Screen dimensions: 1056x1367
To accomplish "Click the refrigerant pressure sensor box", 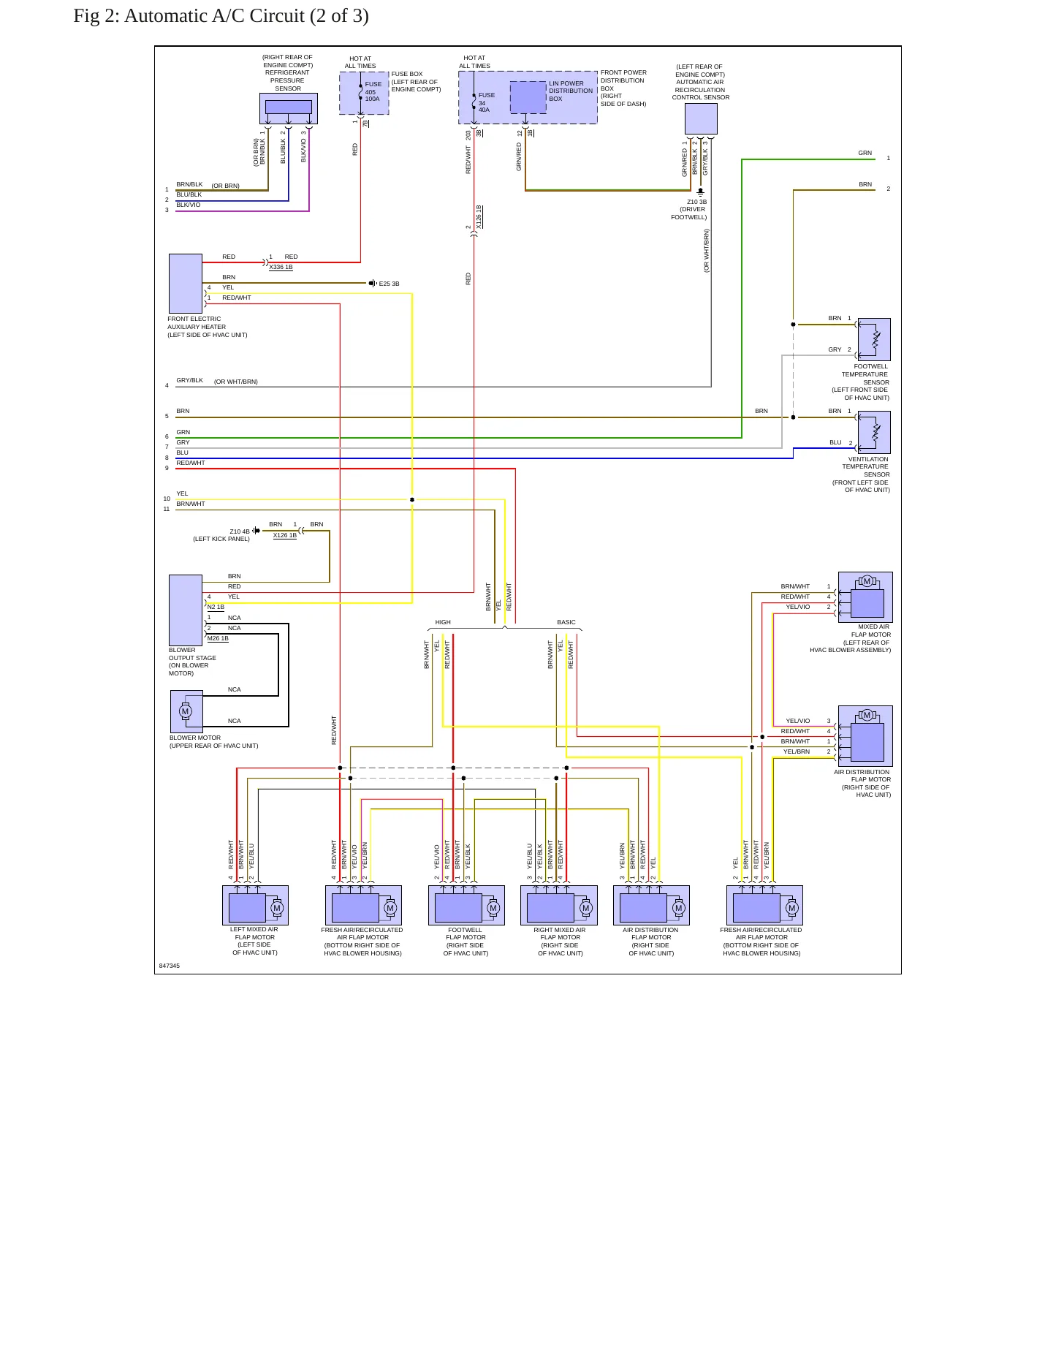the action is tap(289, 109).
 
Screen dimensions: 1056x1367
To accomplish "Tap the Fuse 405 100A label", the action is tap(373, 91).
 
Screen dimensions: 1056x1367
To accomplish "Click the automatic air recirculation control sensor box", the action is tap(701, 118).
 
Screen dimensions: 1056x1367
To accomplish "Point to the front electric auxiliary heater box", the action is tap(186, 284).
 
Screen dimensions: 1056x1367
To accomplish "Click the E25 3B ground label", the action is tap(389, 284).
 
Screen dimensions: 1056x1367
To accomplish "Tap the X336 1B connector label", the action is tap(281, 268).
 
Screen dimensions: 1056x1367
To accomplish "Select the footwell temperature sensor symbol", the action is tap(874, 339).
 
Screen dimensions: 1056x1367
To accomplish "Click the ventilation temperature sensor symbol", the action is tap(874, 432).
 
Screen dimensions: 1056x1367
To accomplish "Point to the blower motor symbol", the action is tap(186, 711).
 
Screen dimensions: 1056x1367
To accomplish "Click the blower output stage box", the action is tap(186, 610).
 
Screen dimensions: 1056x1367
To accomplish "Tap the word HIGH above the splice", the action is tap(443, 623).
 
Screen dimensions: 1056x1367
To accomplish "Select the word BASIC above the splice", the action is tap(566, 623).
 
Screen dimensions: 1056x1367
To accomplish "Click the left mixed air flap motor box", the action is tap(255, 905).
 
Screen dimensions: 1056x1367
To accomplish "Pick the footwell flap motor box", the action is tap(466, 905).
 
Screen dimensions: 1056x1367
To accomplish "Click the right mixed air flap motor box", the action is tap(559, 905).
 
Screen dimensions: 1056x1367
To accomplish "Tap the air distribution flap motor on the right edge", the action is tap(865, 736).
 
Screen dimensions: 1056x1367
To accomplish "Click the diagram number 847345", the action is tap(170, 966).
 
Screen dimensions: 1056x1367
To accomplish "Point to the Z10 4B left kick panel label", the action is tap(221, 535).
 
